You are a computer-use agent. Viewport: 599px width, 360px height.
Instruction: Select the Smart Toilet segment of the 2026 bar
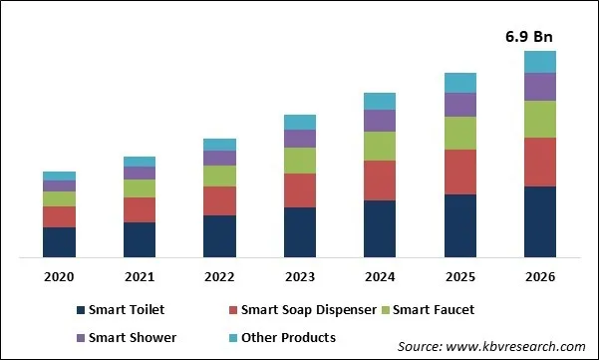click(539, 221)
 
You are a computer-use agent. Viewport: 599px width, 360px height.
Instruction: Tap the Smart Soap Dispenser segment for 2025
click(459, 172)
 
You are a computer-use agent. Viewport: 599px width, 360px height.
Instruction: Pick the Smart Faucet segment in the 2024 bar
click(380, 147)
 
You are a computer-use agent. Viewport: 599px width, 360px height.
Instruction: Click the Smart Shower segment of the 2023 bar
click(300, 139)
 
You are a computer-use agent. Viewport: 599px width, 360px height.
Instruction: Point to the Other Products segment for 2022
click(219, 145)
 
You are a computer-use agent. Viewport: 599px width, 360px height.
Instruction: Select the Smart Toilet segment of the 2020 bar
click(59, 242)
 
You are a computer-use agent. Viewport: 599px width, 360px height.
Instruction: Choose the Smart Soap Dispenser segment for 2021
click(140, 209)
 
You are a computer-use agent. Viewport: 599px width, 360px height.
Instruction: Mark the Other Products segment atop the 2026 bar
click(539, 62)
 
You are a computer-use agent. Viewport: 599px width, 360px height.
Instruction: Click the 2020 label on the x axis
click(59, 276)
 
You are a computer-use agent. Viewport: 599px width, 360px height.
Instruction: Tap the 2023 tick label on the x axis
click(300, 276)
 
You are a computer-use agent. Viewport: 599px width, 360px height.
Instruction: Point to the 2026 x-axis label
click(539, 276)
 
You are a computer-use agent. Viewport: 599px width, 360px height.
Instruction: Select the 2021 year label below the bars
click(140, 276)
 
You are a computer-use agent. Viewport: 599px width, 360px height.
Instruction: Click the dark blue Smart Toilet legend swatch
click(80, 311)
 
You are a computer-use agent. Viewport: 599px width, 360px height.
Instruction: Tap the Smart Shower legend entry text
click(134, 338)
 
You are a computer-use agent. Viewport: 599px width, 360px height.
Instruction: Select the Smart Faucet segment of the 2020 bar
click(59, 198)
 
